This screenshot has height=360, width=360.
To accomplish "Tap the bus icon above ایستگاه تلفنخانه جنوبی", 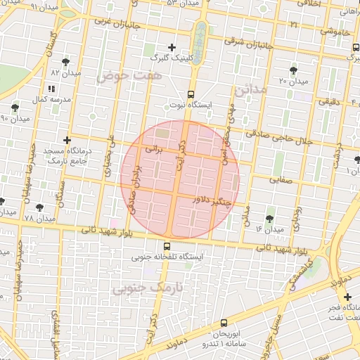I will pyautogui.click(x=167, y=246).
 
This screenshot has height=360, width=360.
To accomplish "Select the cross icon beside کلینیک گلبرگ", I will pyautogui.click(x=172, y=46).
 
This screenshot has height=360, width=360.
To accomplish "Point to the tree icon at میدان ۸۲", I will pyautogui.click(x=66, y=62).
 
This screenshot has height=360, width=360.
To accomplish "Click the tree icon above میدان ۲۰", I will pyautogui.click(x=293, y=70).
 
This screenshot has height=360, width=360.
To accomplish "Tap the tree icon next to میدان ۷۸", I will pyautogui.click(x=39, y=207).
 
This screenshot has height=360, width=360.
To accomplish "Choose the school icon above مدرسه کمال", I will pyautogui.click(x=51, y=89).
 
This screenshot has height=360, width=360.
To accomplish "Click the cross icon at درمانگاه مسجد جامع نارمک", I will pyautogui.click(x=67, y=140).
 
